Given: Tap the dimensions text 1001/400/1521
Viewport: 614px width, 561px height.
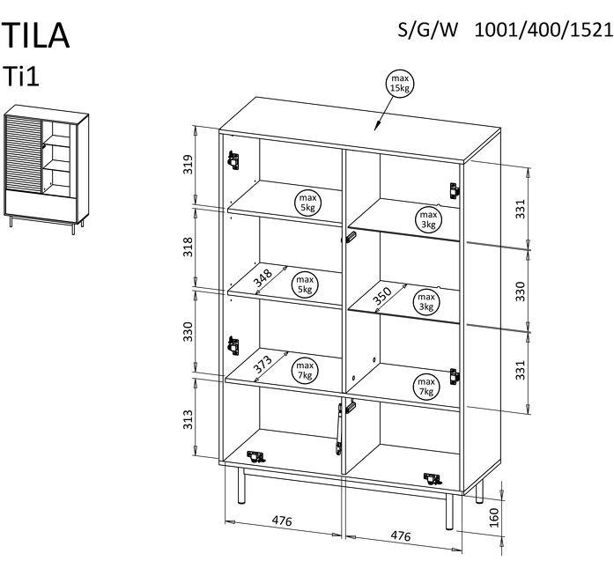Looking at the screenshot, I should (x=543, y=31).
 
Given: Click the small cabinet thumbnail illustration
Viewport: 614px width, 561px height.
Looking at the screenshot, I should (x=46, y=170).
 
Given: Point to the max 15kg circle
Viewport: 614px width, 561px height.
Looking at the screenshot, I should (x=399, y=85).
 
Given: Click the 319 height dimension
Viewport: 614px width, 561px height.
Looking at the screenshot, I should (x=187, y=166).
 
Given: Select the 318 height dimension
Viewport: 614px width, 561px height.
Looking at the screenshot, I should (x=187, y=247).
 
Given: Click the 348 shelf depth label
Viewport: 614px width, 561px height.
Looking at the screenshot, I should (x=262, y=278).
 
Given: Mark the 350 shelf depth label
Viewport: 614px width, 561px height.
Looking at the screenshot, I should (x=381, y=296).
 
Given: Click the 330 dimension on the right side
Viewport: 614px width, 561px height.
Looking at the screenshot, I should (x=520, y=292).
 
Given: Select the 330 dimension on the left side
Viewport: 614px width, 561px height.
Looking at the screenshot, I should (x=187, y=333).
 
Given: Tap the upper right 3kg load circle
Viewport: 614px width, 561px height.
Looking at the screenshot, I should (x=427, y=218).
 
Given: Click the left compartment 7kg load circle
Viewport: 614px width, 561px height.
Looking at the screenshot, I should (x=305, y=369).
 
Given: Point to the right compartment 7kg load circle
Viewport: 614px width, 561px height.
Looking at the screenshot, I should (x=426, y=386).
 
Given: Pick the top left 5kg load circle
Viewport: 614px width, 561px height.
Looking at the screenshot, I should (x=307, y=203).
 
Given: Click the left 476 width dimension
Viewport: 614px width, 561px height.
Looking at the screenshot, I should (x=281, y=521).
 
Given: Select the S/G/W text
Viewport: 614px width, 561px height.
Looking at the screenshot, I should (x=429, y=31).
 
